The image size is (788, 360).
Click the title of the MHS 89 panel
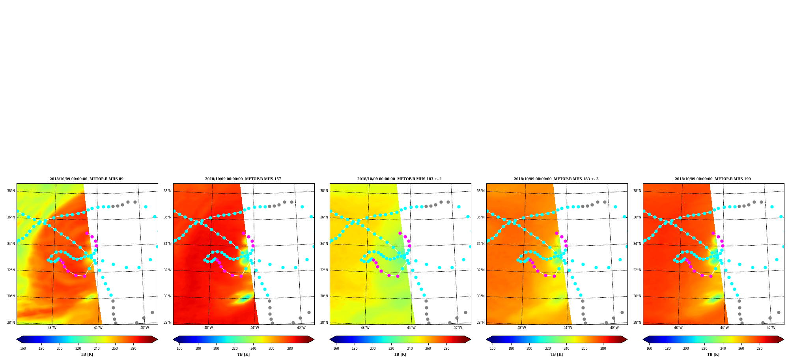pos(86,179)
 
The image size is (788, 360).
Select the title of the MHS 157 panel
pos(243,179)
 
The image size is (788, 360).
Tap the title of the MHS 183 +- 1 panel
pos(400,179)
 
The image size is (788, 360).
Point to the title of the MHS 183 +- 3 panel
pos(556,179)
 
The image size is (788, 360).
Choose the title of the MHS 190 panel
pos(713,179)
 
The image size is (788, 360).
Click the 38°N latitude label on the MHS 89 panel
pos(11,191)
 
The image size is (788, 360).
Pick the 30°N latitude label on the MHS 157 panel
pos(168,296)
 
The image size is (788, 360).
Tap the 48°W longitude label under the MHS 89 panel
pos(52,328)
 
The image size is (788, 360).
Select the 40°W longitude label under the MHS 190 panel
pos(771,328)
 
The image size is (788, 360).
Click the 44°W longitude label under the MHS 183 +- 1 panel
pos(411,328)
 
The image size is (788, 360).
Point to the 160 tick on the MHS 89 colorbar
pos(23,348)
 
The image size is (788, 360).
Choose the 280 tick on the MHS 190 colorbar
pos(760,348)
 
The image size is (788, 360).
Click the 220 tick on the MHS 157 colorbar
pos(235,348)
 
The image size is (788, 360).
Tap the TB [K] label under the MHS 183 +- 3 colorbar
pos(556,354)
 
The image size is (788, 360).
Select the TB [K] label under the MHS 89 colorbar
pos(87,354)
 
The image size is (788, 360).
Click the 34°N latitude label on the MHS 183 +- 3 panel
pos(481,244)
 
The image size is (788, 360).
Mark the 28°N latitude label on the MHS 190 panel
pos(637,323)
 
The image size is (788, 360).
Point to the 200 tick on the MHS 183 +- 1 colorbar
pos(373,348)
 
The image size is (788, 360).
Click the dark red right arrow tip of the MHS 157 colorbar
pos(314,339)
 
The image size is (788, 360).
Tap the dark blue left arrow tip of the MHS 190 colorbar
pos(643,339)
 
